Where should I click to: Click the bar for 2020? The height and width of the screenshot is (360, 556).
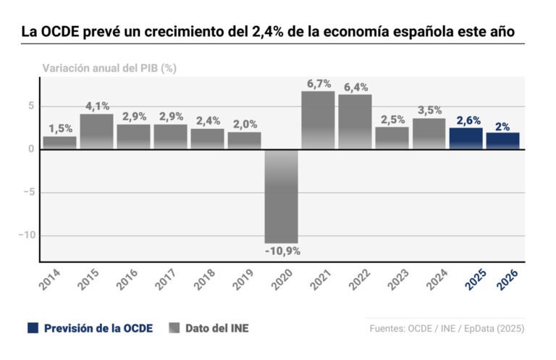(x=282, y=196)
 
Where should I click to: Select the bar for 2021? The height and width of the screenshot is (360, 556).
(x=318, y=120)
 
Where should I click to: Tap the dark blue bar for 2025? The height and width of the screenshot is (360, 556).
(x=466, y=138)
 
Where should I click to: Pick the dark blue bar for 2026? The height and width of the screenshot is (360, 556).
(x=502, y=141)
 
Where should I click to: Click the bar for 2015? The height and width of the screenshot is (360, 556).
(x=96, y=131)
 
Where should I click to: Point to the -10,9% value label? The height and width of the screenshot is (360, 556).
(x=282, y=251)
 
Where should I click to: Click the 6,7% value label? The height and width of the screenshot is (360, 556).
(x=319, y=84)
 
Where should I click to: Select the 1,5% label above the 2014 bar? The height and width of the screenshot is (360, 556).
(x=60, y=129)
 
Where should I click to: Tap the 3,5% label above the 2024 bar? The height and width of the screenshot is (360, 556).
(x=429, y=111)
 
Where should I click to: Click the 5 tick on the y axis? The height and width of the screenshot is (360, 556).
(x=30, y=106)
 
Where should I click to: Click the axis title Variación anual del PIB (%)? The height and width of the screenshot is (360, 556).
(x=109, y=68)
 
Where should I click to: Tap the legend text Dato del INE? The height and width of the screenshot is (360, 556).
(x=216, y=328)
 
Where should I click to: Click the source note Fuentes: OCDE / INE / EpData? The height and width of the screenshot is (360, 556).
(x=447, y=328)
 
